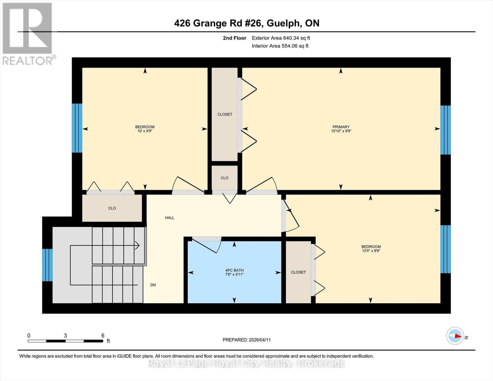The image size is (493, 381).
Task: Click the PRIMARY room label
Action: [x=341, y=127]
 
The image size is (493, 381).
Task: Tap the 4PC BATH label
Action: [x=234, y=270]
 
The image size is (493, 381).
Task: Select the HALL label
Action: [x=170, y=218]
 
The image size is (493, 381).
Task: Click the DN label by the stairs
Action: [x=153, y=285]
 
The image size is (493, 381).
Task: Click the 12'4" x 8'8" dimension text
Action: [x=371, y=251]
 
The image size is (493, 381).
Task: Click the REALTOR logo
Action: [x=28, y=33]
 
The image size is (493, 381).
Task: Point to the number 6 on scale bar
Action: [x=103, y=336]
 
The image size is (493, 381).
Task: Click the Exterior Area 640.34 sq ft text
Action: [x=281, y=38]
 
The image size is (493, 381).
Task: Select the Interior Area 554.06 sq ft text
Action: [x=280, y=46]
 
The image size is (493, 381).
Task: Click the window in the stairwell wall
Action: [x=47, y=265]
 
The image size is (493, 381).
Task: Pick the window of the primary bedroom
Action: [x=445, y=130]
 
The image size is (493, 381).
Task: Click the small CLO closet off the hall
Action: [x=224, y=178]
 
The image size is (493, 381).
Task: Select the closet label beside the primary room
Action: [x=225, y=114]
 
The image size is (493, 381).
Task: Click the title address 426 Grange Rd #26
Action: [x=218, y=23]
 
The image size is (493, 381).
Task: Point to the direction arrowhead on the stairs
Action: [x=137, y=245]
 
